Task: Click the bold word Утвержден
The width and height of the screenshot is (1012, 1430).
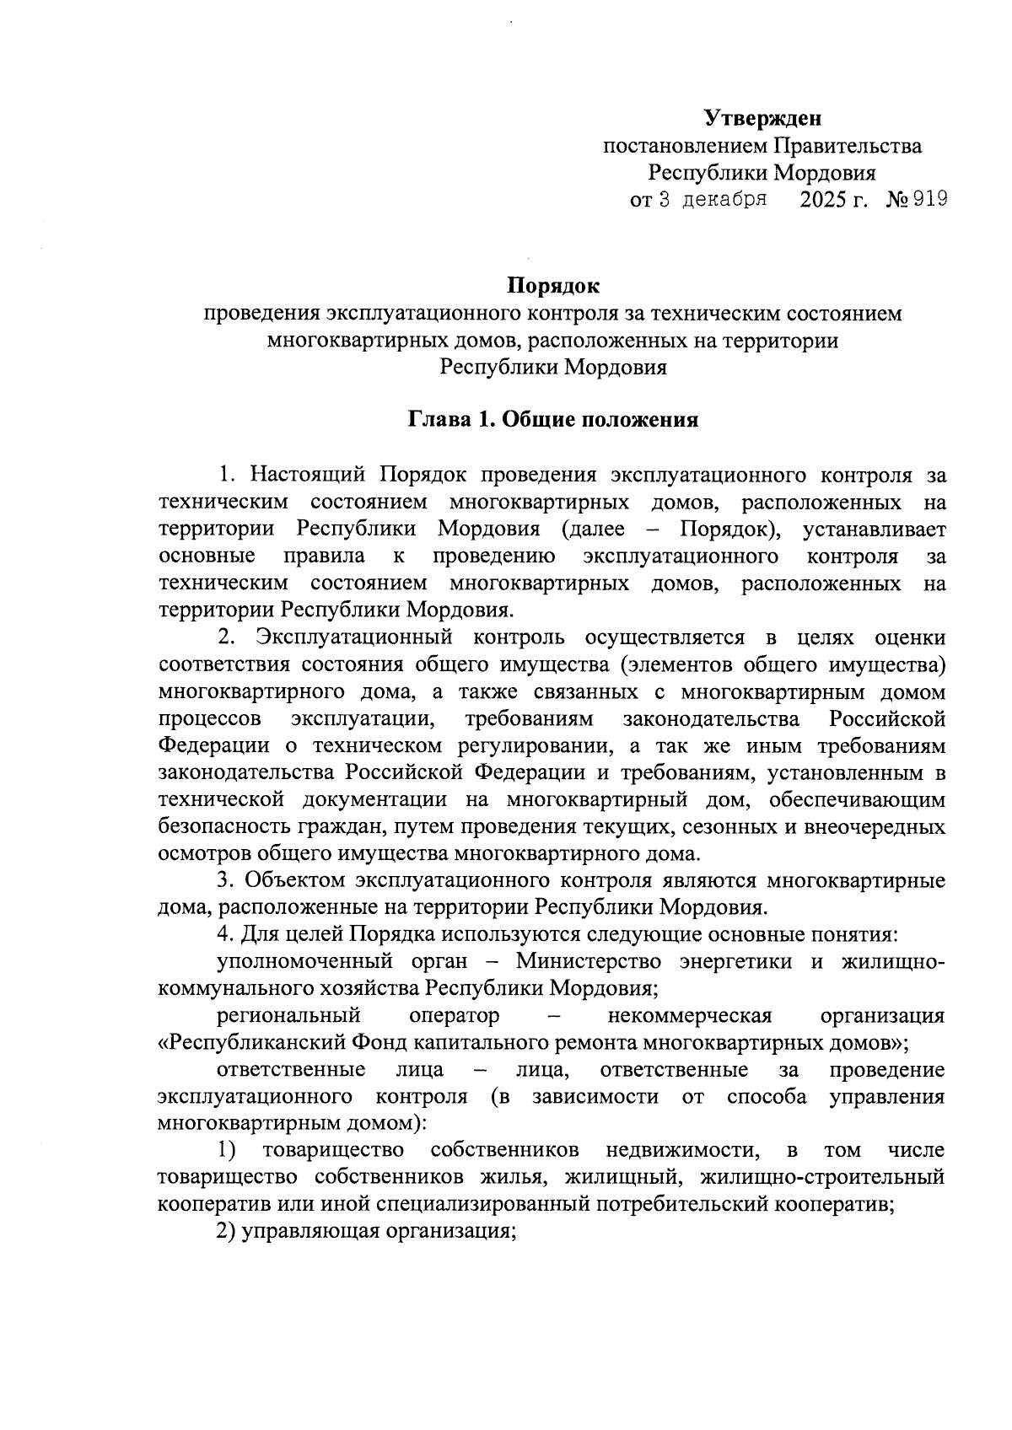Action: coord(762,118)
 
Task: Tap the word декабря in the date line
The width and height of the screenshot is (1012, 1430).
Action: coord(724,200)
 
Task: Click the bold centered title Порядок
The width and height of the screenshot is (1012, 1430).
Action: coord(552,287)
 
